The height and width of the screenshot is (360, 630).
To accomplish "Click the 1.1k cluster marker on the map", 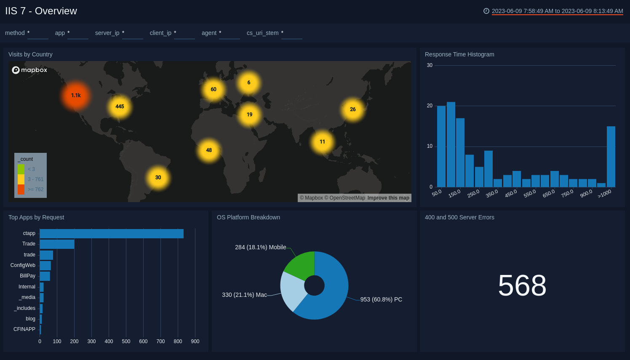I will (x=76, y=96).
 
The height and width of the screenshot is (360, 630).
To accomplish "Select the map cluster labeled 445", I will (x=120, y=107).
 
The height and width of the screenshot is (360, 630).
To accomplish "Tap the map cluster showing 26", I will (x=352, y=109).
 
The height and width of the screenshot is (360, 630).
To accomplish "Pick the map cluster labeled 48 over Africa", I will (x=209, y=150).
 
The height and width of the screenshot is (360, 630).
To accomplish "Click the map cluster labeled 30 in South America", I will (x=158, y=178).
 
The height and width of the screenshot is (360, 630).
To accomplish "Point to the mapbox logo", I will (x=29, y=70).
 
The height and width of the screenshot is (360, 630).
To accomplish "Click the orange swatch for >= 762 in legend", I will (x=21, y=189).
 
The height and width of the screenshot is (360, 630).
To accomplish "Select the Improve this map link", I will (x=388, y=198).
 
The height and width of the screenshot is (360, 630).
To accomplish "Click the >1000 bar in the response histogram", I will (x=611, y=157).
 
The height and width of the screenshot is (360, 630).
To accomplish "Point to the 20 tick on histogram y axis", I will (x=430, y=106).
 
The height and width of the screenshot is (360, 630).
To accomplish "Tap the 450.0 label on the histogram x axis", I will (x=511, y=193).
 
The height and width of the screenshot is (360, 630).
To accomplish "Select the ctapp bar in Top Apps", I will (x=112, y=234).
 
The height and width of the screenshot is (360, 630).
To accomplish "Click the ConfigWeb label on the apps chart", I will (x=23, y=265).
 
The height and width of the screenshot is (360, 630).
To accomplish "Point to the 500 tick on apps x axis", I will (x=126, y=341).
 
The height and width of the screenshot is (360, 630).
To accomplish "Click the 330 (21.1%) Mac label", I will (x=244, y=295).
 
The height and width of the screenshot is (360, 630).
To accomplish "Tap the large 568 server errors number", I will (x=522, y=285).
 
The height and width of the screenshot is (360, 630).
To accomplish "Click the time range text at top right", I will (x=557, y=11).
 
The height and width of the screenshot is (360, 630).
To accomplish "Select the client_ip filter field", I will (x=184, y=33).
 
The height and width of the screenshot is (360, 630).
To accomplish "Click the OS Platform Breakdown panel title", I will (x=248, y=217).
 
